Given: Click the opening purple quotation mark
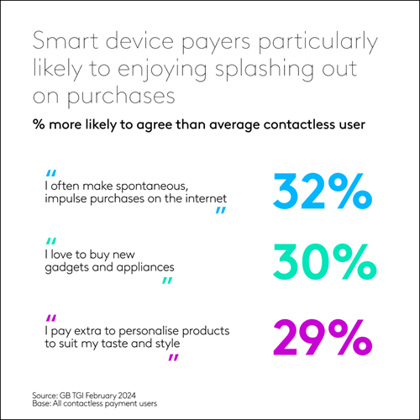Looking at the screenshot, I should (52, 318).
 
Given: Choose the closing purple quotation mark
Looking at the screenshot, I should (173, 359).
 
